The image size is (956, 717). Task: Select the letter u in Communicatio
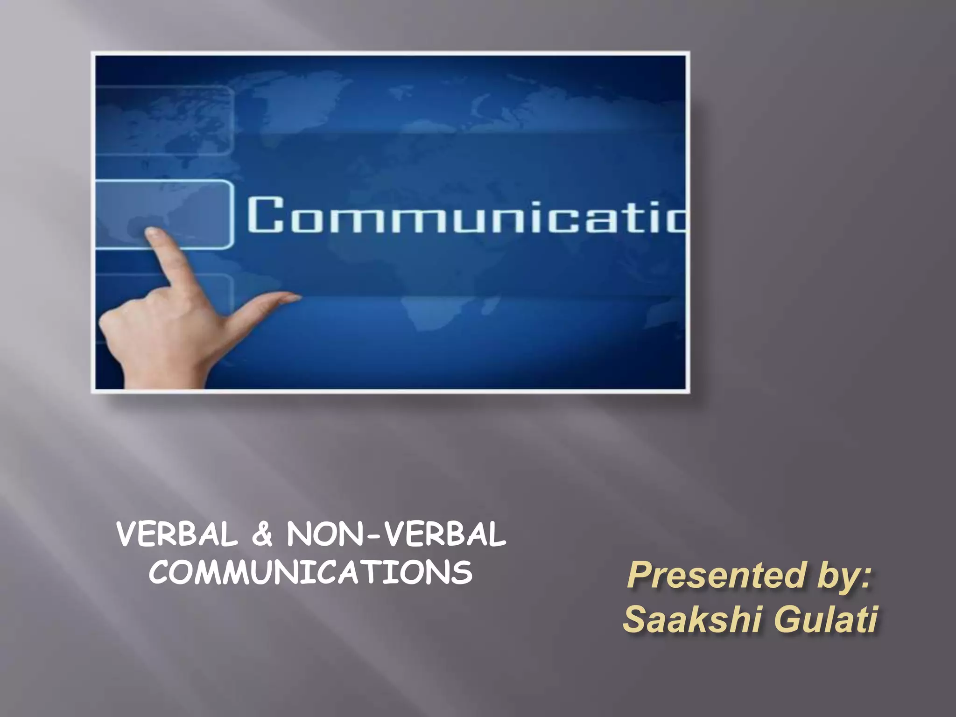[472, 218]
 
